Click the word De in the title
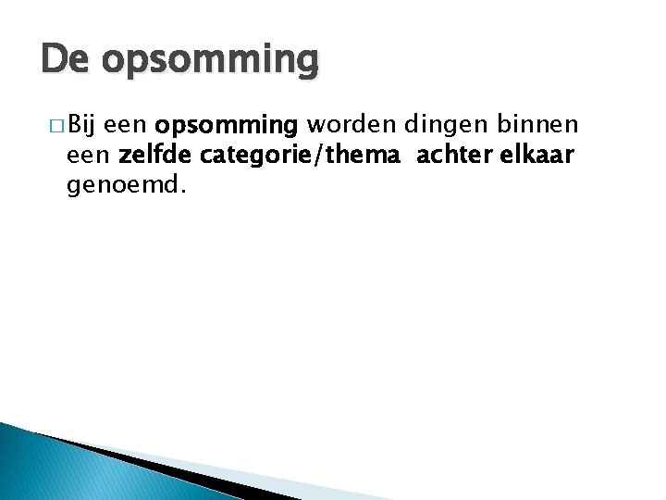coord(66,60)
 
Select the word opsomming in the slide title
coord(211,62)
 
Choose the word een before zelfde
coord(90,156)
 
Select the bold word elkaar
coord(540,156)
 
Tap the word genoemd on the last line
coord(124,186)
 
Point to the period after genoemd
coord(183,192)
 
